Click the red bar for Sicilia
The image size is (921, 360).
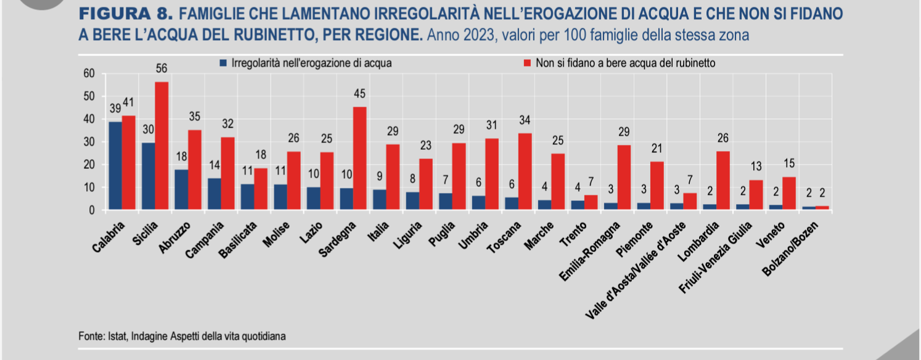[x=162, y=146]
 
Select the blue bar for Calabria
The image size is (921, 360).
[x=115, y=166]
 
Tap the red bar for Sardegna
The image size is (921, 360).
[x=360, y=158]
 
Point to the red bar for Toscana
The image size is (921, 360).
[x=525, y=171]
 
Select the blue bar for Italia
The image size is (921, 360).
[x=380, y=200]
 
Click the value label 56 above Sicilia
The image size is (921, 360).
[x=162, y=68]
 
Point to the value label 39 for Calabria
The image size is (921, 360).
[x=115, y=108]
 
